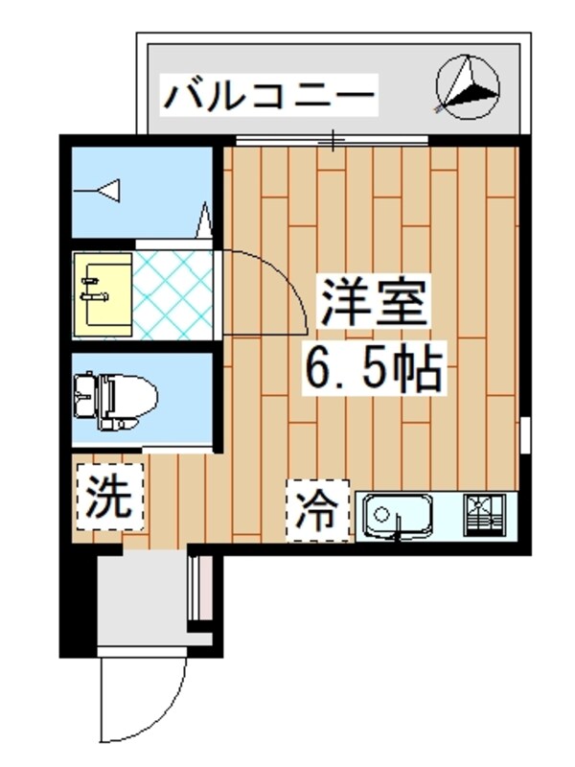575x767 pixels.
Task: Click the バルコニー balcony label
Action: (x=269, y=95)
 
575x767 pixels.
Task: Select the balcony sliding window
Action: (x=332, y=143)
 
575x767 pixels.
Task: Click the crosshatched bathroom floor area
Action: (x=172, y=292)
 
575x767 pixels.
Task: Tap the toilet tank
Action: (x=84, y=399)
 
